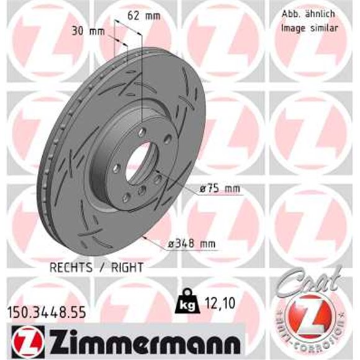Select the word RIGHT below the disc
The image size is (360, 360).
[x=127, y=267]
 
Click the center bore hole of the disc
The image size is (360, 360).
[x=138, y=160]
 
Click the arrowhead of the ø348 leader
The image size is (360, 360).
[x=145, y=236]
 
